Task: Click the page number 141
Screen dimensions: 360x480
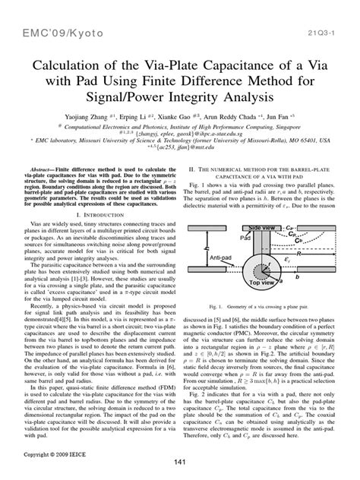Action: tap(180, 463)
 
